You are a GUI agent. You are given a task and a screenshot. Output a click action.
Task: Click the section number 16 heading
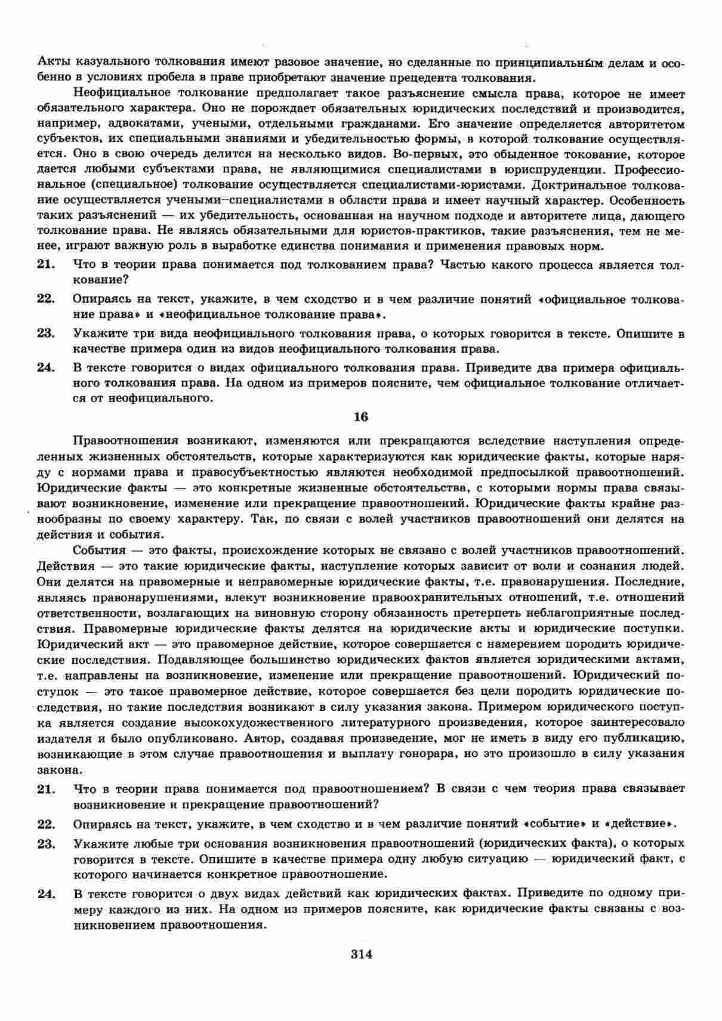coord(361,417)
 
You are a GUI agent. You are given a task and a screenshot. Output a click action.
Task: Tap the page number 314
coord(361,954)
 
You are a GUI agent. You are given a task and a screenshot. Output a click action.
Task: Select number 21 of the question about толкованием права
coord(46,264)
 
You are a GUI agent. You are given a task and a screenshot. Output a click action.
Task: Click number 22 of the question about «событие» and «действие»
coord(46,824)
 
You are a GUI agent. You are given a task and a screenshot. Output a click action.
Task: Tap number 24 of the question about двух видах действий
coord(46,893)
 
